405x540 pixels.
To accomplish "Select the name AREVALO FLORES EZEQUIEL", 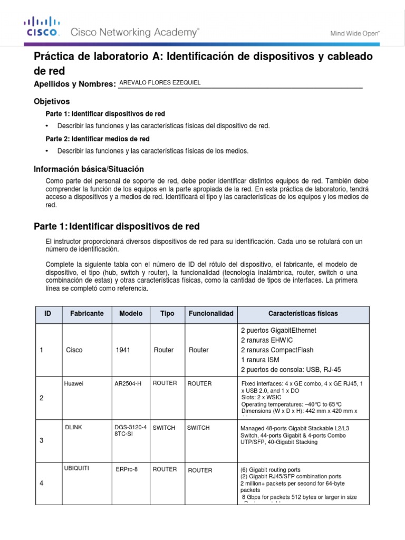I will click(x=160, y=82).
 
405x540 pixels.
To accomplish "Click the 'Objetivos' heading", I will click(x=52, y=101).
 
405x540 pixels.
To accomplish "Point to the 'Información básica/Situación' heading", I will click(x=89, y=169).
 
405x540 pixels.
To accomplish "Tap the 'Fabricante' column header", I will click(x=87, y=314).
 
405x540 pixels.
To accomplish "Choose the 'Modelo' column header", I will click(x=131, y=314).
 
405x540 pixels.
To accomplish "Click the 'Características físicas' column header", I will click(x=303, y=314).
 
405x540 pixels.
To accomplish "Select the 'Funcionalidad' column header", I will click(x=210, y=314).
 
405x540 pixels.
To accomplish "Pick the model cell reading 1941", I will click(x=122, y=350).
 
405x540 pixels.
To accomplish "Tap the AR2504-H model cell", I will click(x=128, y=384).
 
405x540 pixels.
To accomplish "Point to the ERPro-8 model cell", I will click(x=127, y=470).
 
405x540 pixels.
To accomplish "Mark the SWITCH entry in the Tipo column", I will click(x=163, y=428).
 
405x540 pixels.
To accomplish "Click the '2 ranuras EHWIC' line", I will click(x=267, y=340).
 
